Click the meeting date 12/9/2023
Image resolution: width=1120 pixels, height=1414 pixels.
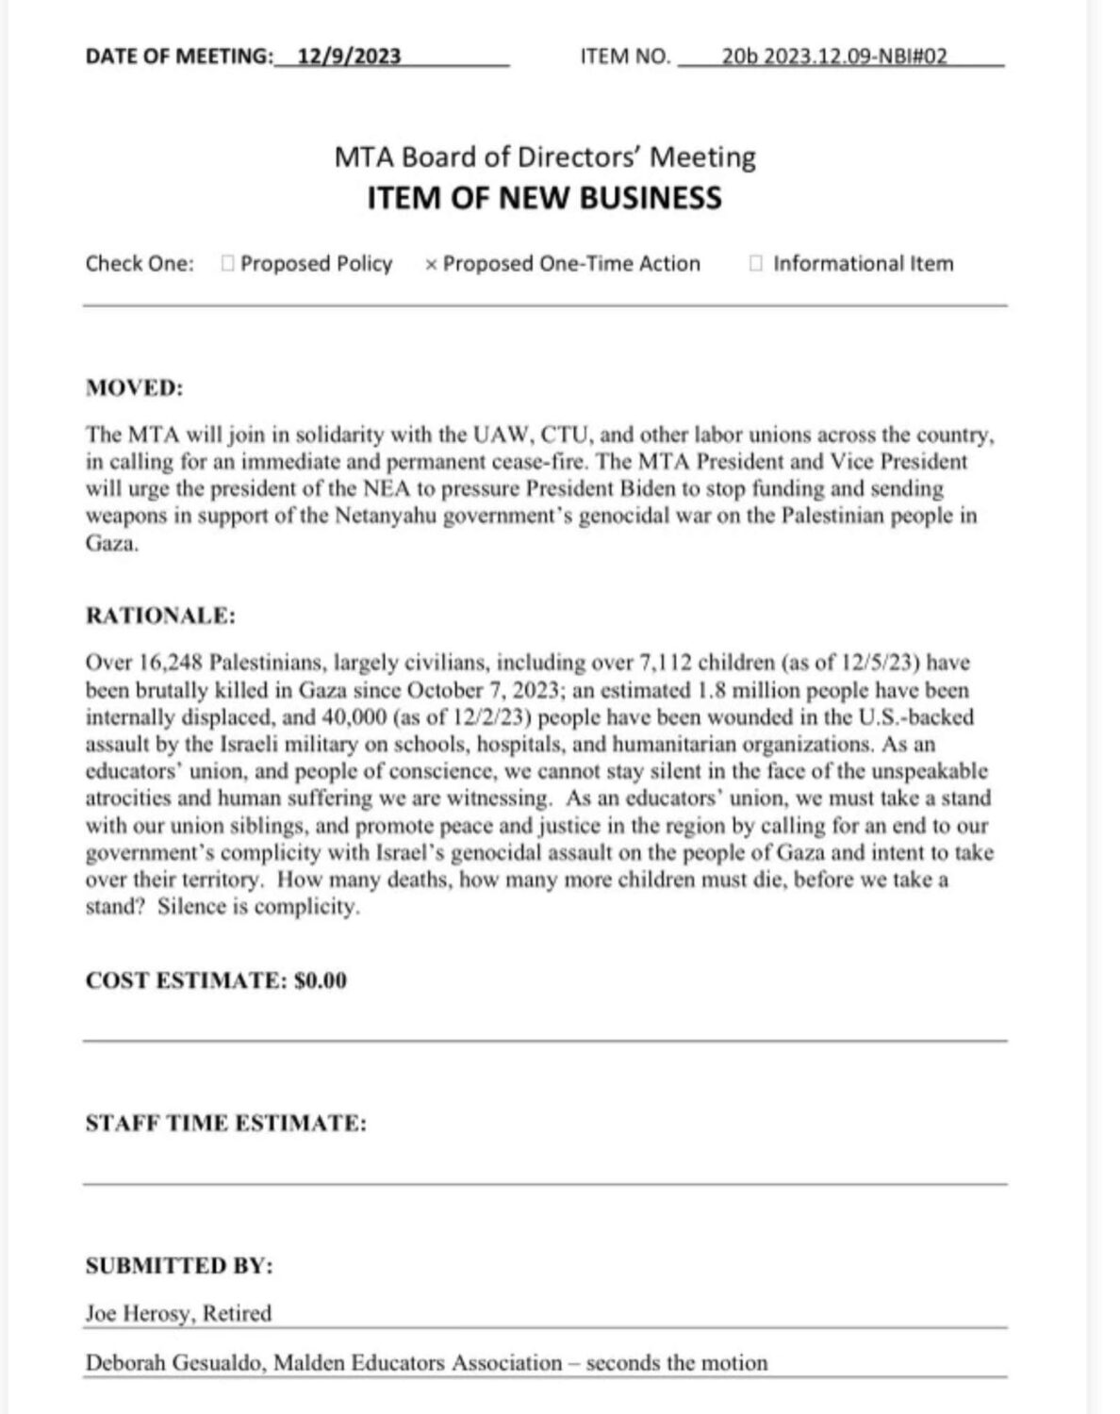349,56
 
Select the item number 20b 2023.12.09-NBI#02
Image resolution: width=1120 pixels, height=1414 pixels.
833,56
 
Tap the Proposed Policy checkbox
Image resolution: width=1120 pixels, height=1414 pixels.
227,264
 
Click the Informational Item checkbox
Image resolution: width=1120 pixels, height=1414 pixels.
755,264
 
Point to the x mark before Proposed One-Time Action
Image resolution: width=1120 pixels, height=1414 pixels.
431,265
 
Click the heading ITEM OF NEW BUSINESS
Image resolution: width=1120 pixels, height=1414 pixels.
544,198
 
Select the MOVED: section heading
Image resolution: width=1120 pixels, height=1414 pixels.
134,388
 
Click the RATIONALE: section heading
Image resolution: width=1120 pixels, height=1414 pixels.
160,617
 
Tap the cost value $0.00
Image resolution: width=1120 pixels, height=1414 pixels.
321,981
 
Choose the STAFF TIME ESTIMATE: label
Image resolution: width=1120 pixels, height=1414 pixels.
225,1124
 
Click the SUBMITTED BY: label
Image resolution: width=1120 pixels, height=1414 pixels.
179,1266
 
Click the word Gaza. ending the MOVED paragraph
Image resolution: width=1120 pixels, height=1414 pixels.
111,544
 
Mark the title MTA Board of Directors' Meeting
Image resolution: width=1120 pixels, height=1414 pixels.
544,156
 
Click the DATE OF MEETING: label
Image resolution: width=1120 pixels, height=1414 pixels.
178,57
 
